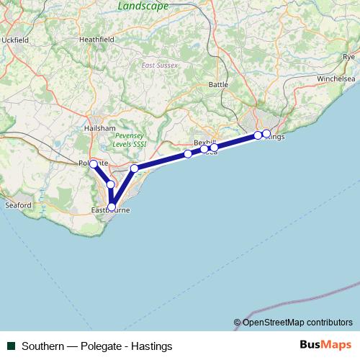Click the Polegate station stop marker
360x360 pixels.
pyautogui.click(x=93, y=164)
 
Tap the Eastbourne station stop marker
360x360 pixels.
pyautogui.click(x=111, y=207)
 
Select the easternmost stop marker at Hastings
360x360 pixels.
pyautogui.click(x=266, y=133)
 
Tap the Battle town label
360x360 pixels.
pyautogui.click(x=217, y=84)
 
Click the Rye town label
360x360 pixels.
pyautogui.click(x=349, y=56)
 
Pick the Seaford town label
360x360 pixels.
pyautogui.click(x=19, y=205)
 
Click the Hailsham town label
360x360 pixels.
pyautogui.click(x=100, y=127)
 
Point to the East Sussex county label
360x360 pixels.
pyautogui.click(x=160, y=66)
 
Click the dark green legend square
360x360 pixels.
pyautogui.click(x=12, y=346)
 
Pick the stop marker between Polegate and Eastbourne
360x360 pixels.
pyautogui.click(x=110, y=184)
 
